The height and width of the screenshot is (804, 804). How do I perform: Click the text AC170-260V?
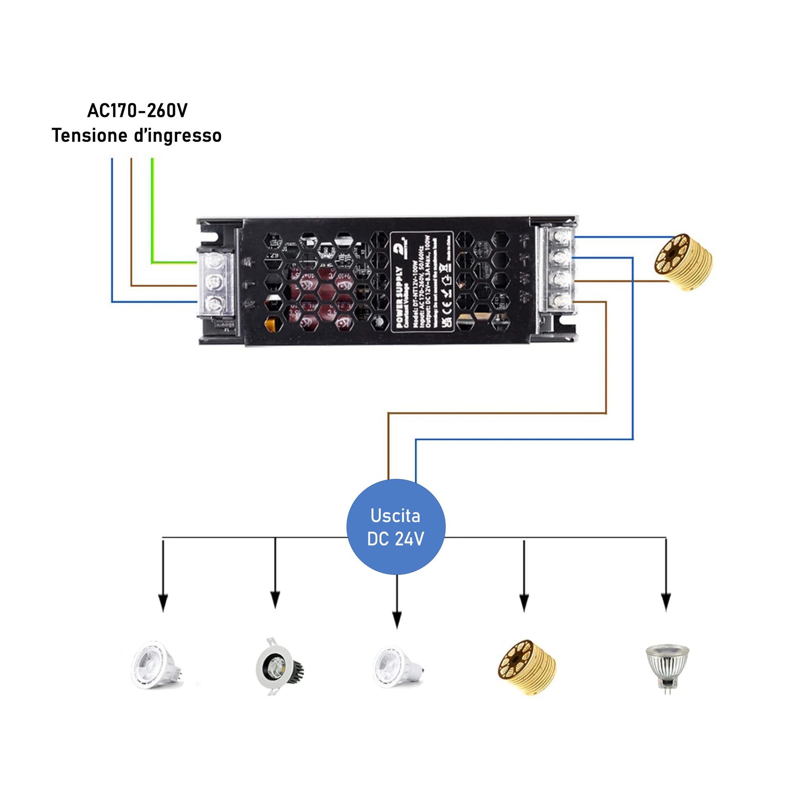point(137,111)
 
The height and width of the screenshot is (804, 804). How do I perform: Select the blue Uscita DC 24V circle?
point(396,527)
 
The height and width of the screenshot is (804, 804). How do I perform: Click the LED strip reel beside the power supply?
point(683,262)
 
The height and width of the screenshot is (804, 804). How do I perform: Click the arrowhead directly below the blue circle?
point(397,620)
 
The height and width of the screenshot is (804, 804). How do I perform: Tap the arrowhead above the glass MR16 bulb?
point(666,602)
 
